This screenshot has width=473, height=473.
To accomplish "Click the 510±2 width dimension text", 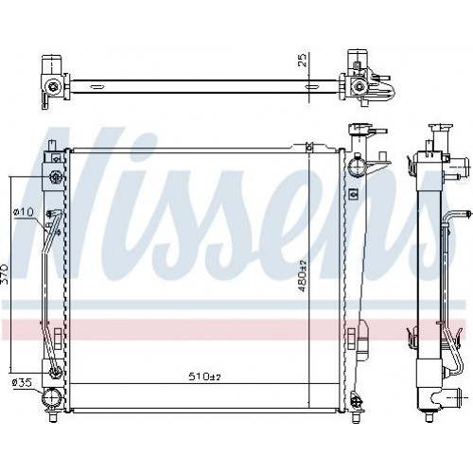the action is click(204, 377).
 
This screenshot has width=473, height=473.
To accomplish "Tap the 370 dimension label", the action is click(5, 273).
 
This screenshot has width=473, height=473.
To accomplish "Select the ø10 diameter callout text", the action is click(23, 212).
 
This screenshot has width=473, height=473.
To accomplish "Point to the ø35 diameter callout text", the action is click(22, 383).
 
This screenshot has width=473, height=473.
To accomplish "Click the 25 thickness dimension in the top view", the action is click(302, 60).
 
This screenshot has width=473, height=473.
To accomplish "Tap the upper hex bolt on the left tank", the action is click(56, 177).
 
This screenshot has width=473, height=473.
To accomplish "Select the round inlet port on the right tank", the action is click(356, 166).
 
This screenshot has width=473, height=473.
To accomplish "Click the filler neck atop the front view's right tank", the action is click(358, 130).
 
